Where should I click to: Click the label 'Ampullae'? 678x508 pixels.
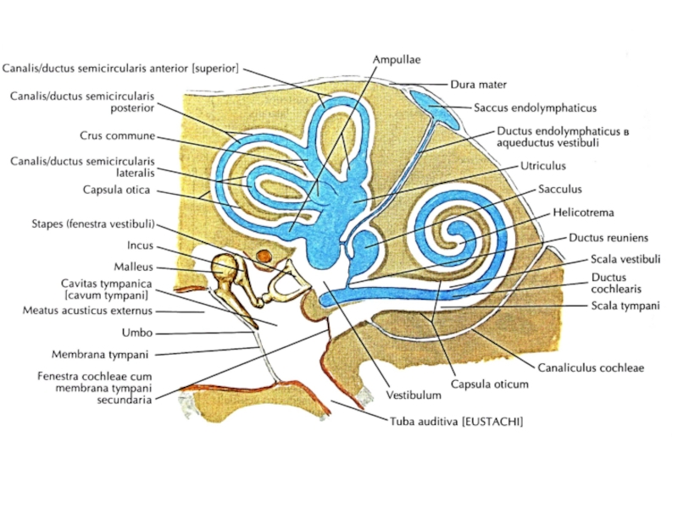coord(397,59)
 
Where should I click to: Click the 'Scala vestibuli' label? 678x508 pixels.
coord(625,259)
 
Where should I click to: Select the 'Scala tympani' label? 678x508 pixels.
coord(625,306)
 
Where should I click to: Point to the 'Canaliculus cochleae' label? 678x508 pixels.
coord(591,367)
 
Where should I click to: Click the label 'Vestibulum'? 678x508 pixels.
coord(414,395)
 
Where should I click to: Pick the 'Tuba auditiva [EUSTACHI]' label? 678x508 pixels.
coord(456,421)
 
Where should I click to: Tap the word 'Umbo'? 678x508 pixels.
coord(136,333)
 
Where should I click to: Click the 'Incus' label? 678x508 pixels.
coord(140,246)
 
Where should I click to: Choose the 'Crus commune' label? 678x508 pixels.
coord(119,135)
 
